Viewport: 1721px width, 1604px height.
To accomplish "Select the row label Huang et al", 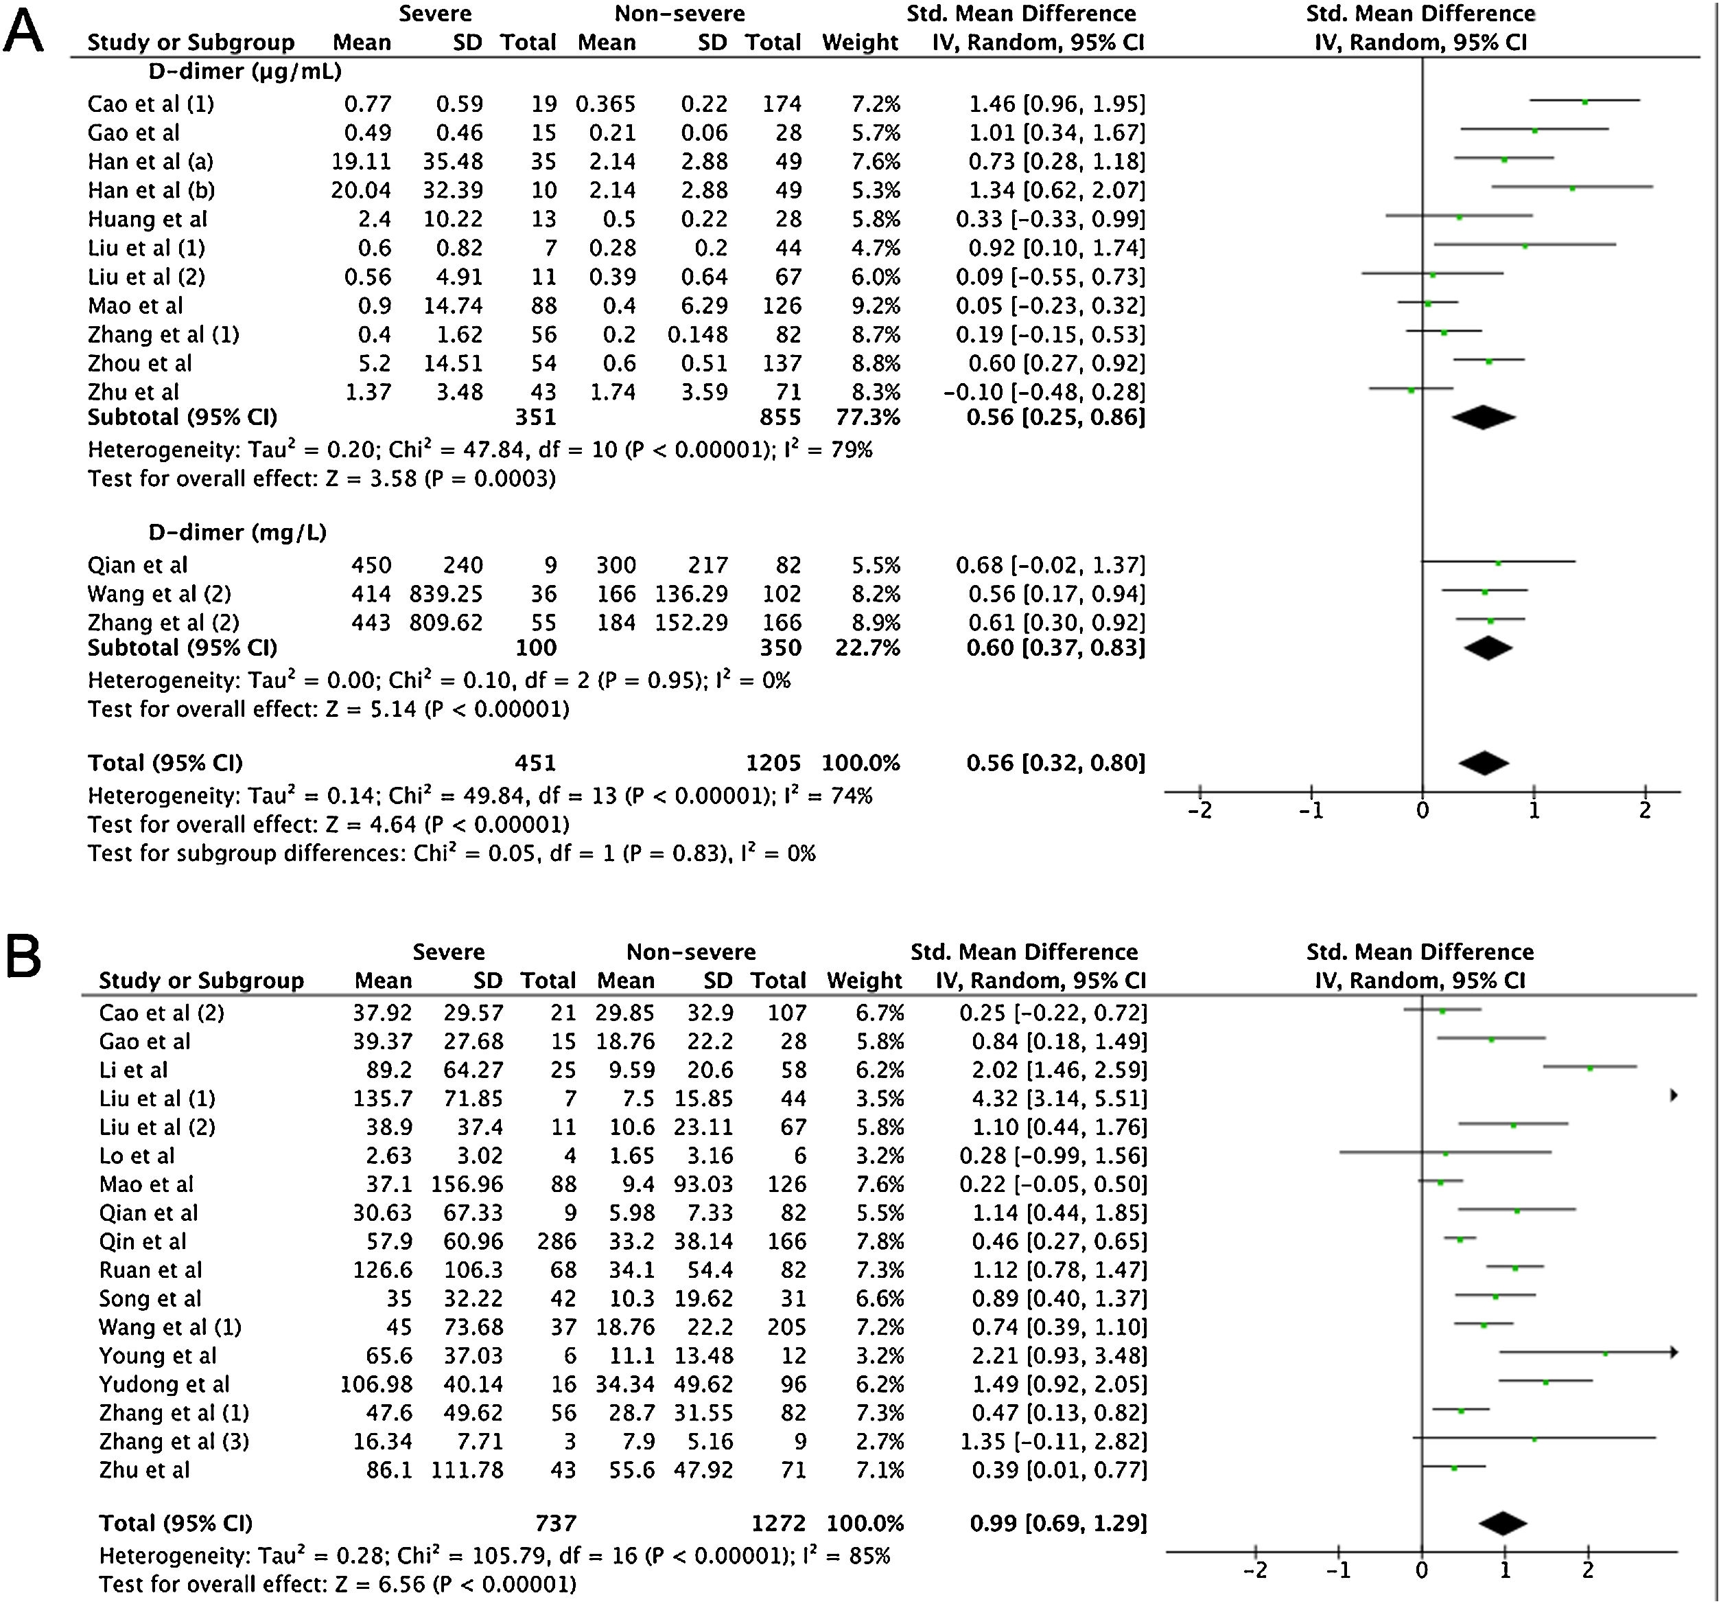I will click(147, 219).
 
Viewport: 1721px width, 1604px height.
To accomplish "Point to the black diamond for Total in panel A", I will click(1484, 763).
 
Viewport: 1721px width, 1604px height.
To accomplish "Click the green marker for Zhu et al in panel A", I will click(1411, 391).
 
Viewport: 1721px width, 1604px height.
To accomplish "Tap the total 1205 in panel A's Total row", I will click(773, 763).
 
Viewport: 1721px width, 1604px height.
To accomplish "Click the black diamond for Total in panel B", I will click(1503, 1524).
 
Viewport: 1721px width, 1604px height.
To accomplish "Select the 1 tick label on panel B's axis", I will click(1506, 1570).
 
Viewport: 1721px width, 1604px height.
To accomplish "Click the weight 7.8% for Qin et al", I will click(880, 1241).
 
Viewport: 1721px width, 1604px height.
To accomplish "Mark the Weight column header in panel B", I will click(864, 981).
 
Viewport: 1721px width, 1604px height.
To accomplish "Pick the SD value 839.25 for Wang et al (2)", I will click(446, 594).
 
